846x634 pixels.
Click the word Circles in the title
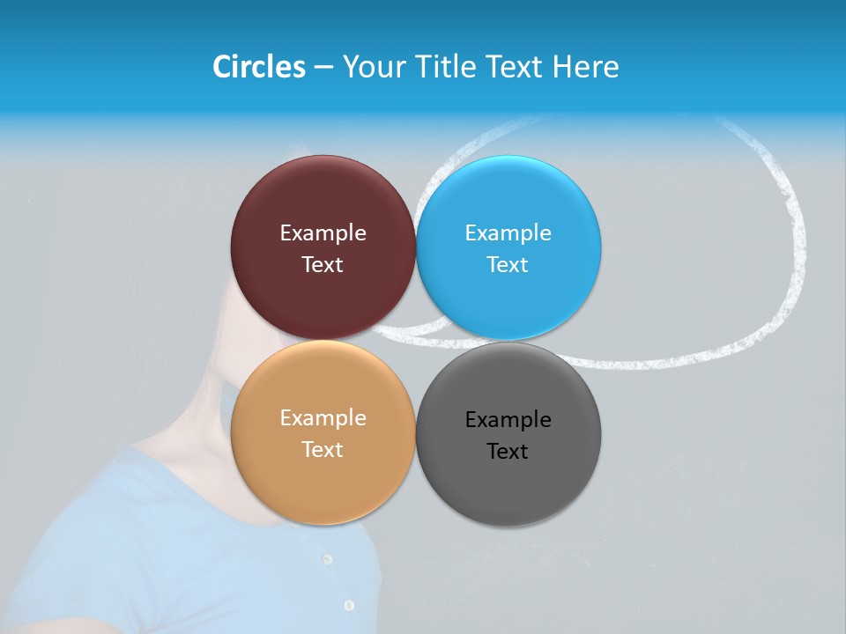pyautogui.click(x=258, y=67)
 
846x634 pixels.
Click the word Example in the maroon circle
pyautogui.click(x=323, y=233)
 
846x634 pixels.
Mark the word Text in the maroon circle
pyautogui.click(x=323, y=265)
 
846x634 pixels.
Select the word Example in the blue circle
pyautogui.click(x=508, y=233)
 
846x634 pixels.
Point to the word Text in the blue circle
pyautogui.click(x=508, y=265)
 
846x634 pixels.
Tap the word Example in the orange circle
pyautogui.click(x=323, y=418)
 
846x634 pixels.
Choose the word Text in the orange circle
pyautogui.click(x=323, y=450)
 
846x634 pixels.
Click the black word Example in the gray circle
pyautogui.click(x=508, y=420)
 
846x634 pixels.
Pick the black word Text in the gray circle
pyautogui.click(x=508, y=452)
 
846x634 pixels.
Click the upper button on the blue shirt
pyautogui.click(x=327, y=559)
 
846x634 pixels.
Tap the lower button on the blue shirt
pyautogui.click(x=349, y=606)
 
